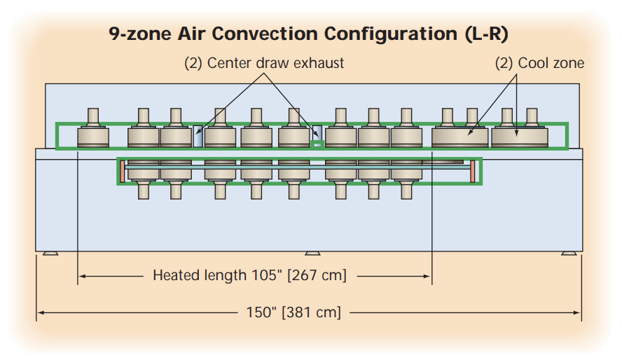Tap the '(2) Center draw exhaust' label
264,63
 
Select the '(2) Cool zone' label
539,63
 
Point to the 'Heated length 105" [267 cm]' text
249,275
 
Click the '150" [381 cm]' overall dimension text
293,312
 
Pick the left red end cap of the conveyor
122,170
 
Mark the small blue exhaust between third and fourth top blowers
198,136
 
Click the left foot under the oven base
50,253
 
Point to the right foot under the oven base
568,253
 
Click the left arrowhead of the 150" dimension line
40,312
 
